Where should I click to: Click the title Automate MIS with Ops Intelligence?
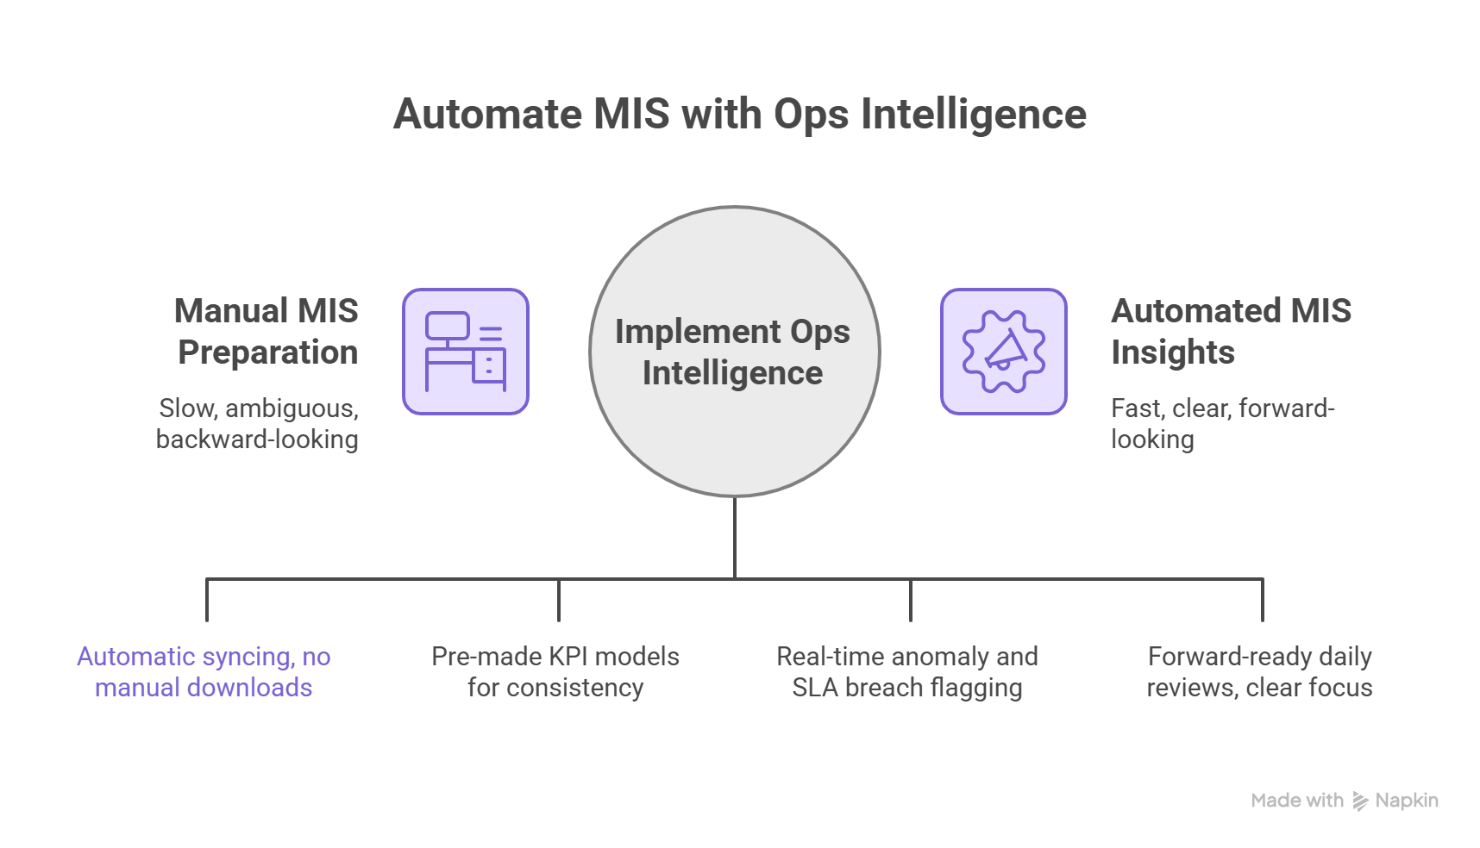tap(739, 115)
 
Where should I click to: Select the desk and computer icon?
tap(466, 352)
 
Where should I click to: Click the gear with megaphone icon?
tap(1003, 352)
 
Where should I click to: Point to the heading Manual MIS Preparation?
tap(267, 332)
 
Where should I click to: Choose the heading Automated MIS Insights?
tap(1230, 332)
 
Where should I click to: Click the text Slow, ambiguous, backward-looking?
tap(258, 424)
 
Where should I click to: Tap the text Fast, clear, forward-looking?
tap(1221, 424)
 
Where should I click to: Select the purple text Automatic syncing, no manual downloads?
tap(204, 672)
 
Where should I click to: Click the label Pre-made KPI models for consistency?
tap(555, 672)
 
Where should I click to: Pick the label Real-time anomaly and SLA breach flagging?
tap(907, 672)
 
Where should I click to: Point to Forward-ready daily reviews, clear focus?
tap(1259, 672)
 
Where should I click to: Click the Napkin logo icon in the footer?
tap(1360, 801)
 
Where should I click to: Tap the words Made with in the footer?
tap(1296, 801)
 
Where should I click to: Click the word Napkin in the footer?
tap(1407, 801)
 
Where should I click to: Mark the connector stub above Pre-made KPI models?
tap(559, 601)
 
